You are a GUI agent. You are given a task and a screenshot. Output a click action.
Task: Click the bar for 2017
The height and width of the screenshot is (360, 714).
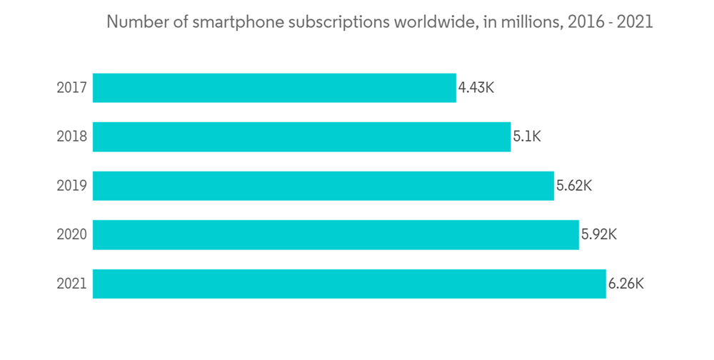(274, 88)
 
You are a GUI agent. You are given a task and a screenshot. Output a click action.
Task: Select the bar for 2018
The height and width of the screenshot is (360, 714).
(301, 136)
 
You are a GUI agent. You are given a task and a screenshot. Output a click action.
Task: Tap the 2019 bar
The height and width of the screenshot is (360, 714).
(323, 186)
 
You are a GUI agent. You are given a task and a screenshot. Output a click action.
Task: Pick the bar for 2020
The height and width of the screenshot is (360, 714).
(336, 234)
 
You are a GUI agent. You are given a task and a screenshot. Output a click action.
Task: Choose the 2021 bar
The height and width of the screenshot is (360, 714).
(349, 284)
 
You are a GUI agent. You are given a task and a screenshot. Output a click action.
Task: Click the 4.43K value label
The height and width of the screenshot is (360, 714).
(476, 88)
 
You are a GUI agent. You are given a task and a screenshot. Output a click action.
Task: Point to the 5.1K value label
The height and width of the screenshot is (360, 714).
(527, 136)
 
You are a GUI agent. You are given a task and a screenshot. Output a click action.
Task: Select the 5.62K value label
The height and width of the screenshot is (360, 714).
(574, 186)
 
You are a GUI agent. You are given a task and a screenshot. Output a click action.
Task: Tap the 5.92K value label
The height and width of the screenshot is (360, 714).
(598, 234)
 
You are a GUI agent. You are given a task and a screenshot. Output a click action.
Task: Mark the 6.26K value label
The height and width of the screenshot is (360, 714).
(626, 284)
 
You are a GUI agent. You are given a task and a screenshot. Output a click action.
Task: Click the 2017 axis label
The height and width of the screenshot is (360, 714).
(72, 88)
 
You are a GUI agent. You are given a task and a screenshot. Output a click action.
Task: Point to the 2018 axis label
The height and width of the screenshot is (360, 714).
(72, 136)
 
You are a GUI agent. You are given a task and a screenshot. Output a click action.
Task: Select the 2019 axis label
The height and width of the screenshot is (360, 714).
(72, 186)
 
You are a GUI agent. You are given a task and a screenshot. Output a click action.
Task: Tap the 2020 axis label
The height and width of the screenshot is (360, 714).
(72, 234)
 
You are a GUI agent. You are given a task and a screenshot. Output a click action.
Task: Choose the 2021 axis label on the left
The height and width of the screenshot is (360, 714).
(72, 284)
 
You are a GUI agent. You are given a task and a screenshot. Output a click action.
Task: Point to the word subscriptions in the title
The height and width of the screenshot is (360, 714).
(328, 22)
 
